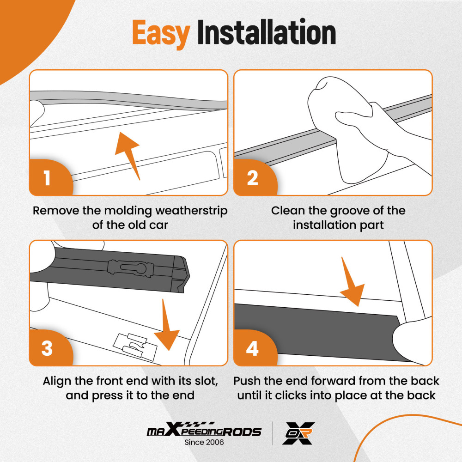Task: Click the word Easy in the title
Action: click(x=161, y=33)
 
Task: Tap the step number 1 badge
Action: click(x=47, y=178)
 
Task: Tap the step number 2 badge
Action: click(x=252, y=178)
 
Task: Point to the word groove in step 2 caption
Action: click(x=341, y=211)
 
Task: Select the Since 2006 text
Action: click(x=204, y=442)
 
